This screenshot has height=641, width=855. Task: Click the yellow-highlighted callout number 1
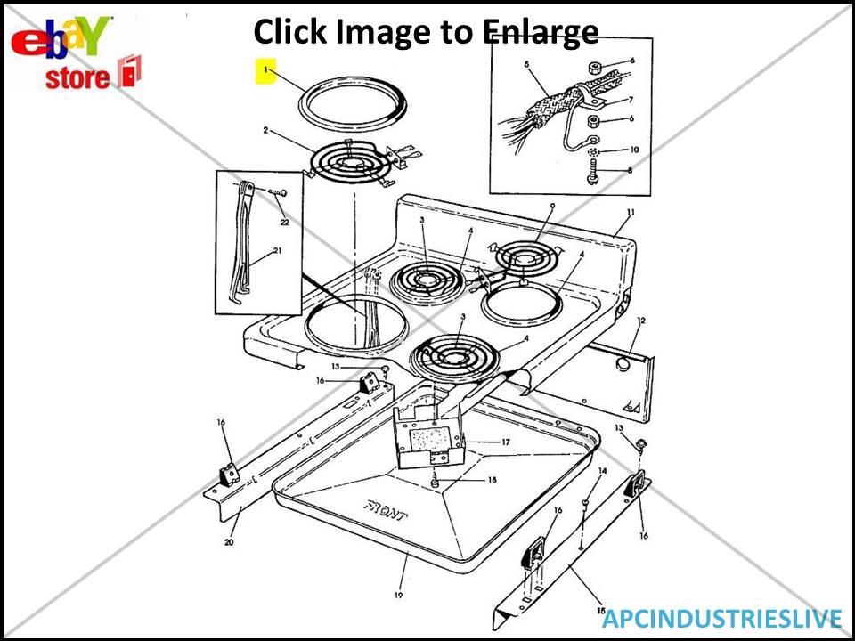pyautogui.click(x=265, y=70)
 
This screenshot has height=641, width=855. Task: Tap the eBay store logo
pyautogui.click(x=77, y=54)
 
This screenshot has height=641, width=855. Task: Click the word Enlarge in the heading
pyautogui.click(x=541, y=32)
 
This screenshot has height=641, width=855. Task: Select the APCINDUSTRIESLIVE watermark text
pyautogui.click(x=721, y=619)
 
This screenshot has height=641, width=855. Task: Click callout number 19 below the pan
pyautogui.click(x=398, y=595)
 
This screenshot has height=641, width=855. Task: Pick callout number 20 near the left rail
pyautogui.click(x=228, y=540)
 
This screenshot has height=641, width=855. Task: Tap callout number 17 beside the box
pyautogui.click(x=505, y=442)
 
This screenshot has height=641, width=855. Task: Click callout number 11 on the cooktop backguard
pyautogui.click(x=630, y=213)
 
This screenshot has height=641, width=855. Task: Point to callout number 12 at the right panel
pyautogui.click(x=640, y=320)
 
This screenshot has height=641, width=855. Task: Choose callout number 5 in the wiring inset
pyautogui.click(x=526, y=65)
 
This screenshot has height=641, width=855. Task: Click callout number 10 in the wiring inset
pyautogui.click(x=634, y=150)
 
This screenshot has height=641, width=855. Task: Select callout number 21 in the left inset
pyautogui.click(x=277, y=251)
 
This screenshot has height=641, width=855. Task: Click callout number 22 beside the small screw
pyautogui.click(x=285, y=222)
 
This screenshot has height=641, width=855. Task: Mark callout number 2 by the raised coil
pyautogui.click(x=265, y=130)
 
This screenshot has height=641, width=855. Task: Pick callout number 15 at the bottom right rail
pyautogui.click(x=600, y=610)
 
